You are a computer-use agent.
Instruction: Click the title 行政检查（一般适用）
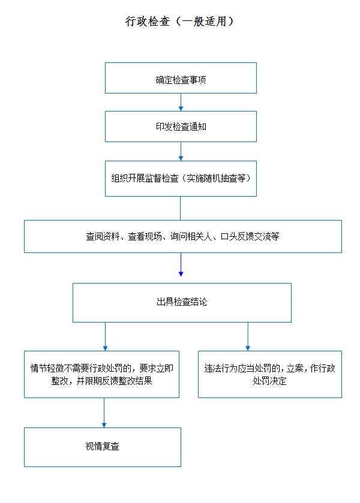[180, 21]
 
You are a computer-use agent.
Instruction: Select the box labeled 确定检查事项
[181, 78]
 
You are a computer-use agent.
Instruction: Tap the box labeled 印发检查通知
[181, 126]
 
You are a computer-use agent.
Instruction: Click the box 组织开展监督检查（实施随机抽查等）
[181, 179]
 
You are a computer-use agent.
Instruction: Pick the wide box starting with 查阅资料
[183, 236]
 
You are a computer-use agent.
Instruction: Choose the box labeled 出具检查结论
[182, 303]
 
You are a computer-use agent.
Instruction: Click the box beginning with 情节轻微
[101, 374]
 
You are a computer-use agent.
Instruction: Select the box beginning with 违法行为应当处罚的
[270, 374]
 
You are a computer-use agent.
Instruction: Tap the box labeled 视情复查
[103, 447]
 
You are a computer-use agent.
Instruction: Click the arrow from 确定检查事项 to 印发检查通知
[181, 103]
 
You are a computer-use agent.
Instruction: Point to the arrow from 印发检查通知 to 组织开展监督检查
[181, 152]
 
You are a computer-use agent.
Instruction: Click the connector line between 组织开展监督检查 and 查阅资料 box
[180, 208]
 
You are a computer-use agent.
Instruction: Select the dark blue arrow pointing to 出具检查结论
[181, 264]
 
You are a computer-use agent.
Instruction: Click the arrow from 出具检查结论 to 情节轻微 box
[105, 336]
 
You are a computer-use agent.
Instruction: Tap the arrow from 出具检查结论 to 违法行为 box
[248, 336]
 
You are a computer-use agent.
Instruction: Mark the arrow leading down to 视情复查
[104, 412]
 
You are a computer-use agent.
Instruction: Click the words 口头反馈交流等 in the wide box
[250, 236]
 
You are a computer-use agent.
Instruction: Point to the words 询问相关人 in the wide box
[191, 236]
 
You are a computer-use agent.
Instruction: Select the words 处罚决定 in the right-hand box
[269, 381]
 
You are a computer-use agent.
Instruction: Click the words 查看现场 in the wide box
[145, 236]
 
